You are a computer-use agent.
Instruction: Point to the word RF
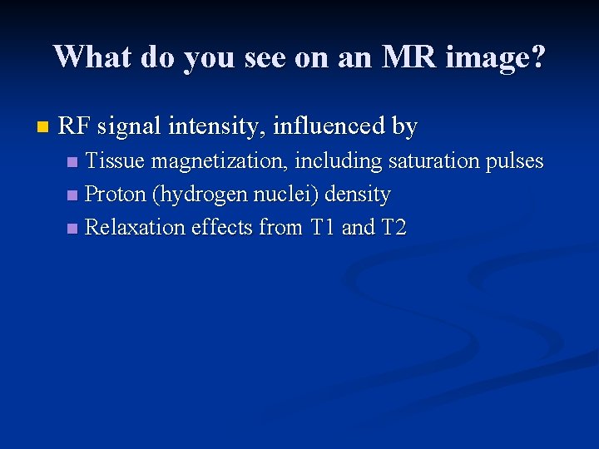[74, 127]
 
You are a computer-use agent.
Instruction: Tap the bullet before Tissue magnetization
[73, 162]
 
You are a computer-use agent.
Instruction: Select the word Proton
[116, 195]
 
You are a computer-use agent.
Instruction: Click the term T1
[323, 228]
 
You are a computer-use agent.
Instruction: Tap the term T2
[393, 228]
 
